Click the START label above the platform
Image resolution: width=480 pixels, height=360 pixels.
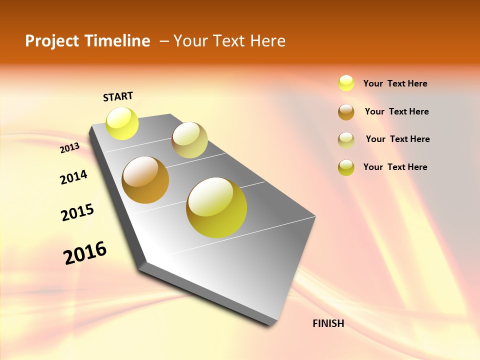118,96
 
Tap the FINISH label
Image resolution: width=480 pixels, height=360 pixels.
328,323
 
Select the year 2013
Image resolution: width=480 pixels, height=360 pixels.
70,147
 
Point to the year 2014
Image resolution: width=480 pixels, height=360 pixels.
73,177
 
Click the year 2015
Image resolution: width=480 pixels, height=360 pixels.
77,212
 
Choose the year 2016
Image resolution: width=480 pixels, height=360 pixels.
85,253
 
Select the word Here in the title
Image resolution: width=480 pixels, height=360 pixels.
268,41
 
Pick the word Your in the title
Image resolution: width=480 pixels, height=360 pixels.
190,41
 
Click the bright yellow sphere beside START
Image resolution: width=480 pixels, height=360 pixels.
122,123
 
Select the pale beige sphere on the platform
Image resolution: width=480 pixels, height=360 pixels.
189,140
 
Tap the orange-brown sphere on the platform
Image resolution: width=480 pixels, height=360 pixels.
145,180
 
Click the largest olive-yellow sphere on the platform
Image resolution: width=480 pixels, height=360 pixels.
216,207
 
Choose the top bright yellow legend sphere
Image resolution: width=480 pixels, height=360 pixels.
346,83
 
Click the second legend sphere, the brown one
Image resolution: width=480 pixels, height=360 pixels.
346,111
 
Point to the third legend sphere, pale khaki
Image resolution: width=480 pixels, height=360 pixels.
346,139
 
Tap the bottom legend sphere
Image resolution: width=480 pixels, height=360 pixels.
346,167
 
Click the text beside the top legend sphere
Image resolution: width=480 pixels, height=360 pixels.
395,83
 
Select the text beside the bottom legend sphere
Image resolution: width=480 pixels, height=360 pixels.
395,167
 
